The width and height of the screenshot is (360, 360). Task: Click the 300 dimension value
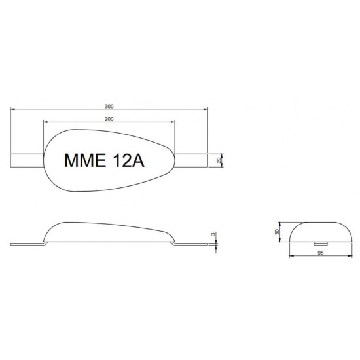pos(109,105)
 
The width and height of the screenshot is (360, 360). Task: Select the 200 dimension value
pos(109,118)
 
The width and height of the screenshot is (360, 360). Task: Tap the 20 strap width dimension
pos(219,160)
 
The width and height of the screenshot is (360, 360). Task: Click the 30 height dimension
pos(277,231)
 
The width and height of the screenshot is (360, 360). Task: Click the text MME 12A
pos(105,161)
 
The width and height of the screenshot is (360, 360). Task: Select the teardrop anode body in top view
pos(108,141)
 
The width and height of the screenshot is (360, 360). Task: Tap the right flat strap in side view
pos(193,245)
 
